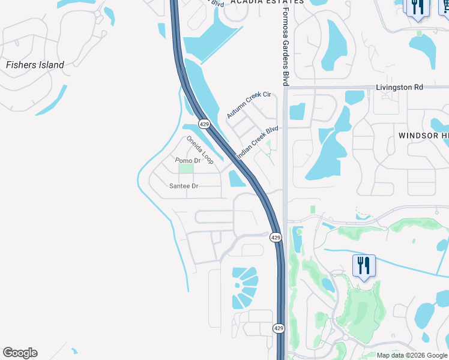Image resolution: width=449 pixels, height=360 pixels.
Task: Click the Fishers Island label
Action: pyautogui.click(x=35, y=65)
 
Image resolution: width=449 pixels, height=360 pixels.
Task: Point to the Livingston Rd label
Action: pyautogui.click(x=399, y=87)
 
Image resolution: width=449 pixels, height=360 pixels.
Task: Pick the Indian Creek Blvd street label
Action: pyautogui.click(x=258, y=142)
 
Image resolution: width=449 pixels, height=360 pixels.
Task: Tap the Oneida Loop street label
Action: pyautogui.click(x=200, y=150)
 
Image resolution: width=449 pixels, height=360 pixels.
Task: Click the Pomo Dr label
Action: pyautogui.click(x=188, y=161)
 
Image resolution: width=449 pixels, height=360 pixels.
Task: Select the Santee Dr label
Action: pyautogui.click(x=183, y=186)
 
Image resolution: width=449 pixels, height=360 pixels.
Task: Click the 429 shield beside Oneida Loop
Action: pyautogui.click(x=205, y=124)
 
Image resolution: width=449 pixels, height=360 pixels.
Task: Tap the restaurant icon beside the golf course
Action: pyautogui.click(x=364, y=264)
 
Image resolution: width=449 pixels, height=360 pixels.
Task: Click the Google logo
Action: pyautogui.click(x=20, y=353)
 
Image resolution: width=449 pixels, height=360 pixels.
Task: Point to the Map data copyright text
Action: pyautogui.click(x=412, y=355)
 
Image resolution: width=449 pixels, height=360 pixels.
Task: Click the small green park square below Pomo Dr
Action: pyautogui.click(x=187, y=169)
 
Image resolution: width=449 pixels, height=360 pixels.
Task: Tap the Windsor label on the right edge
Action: pyautogui.click(x=423, y=136)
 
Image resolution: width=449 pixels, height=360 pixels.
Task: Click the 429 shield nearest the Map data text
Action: pyautogui.click(x=279, y=328)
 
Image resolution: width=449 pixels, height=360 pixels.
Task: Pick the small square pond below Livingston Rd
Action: pyautogui.click(x=297, y=112)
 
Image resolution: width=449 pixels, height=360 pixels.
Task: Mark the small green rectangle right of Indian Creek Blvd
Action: pyautogui.click(x=312, y=209)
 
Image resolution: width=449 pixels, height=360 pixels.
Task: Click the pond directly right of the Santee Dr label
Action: pyautogui.click(x=235, y=179)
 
